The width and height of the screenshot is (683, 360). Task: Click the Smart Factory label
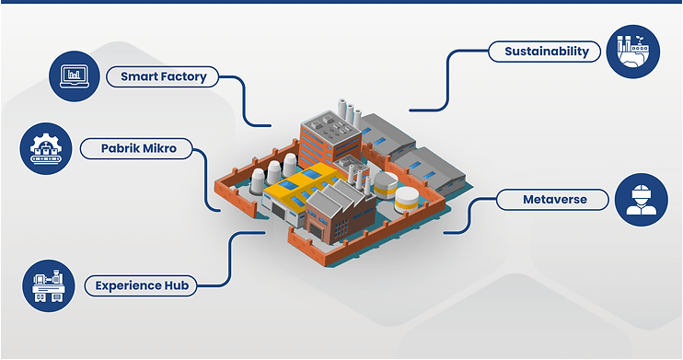click(x=163, y=76)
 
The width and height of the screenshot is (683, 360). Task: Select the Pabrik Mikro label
click(x=140, y=146)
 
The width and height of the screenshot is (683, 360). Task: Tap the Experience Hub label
click(x=142, y=285)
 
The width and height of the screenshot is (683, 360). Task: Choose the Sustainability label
click(x=546, y=52)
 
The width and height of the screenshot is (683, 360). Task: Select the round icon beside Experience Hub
click(x=46, y=285)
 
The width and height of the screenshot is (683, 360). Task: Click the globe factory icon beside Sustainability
click(x=633, y=52)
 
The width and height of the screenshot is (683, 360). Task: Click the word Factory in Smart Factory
click(x=186, y=76)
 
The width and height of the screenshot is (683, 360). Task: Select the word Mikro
click(x=162, y=146)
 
